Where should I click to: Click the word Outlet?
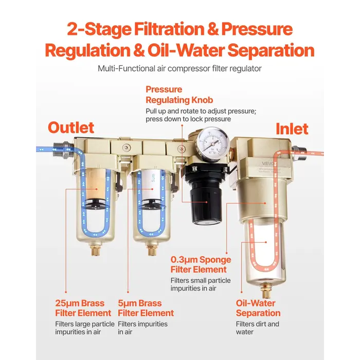[71, 127]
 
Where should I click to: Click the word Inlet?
[292, 128]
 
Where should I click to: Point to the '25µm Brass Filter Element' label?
[83, 308]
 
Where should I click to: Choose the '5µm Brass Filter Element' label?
[146, 308]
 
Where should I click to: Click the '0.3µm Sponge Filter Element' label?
[201, 264]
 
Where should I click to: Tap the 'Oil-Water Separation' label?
[258, 308]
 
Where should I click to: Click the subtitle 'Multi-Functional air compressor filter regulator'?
[179, 68]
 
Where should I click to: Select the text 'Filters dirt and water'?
[257, 328]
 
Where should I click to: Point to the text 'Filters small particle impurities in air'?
[201, 284]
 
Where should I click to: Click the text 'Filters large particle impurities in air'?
[84, 328]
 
